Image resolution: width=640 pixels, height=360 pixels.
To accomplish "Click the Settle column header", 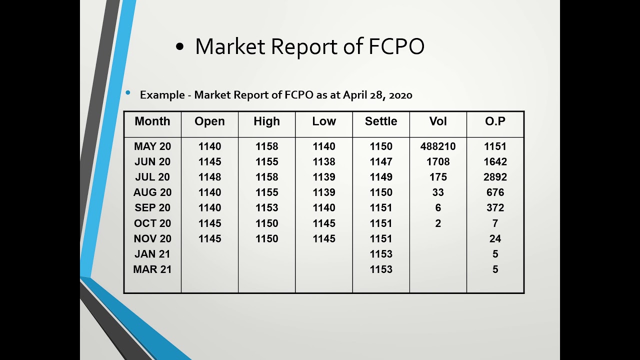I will pos(381,121).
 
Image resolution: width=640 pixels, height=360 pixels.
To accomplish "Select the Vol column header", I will pos(438,121).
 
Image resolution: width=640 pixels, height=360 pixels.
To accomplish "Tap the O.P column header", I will pos(495,121).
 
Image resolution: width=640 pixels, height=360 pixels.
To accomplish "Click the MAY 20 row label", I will pos(152,146).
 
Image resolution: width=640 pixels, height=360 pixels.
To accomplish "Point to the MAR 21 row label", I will pos(152,269).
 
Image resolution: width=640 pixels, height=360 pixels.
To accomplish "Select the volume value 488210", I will pos(438,146).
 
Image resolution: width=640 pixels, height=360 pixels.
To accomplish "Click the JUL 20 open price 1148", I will pos(209,177).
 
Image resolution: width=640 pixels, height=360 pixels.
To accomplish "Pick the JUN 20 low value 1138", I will pos(324,162).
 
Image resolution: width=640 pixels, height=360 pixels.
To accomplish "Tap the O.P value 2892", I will pos(495,177).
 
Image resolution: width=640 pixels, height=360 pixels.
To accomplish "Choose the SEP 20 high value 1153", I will pos(266,208).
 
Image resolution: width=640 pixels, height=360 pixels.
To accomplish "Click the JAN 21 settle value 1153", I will pos(381,254).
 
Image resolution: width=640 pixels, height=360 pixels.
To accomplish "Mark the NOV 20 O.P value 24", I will pos(495,239).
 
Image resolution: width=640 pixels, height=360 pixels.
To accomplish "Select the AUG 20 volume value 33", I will pos(438,192).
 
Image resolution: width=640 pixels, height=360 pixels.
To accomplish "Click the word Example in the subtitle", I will pos(162,95).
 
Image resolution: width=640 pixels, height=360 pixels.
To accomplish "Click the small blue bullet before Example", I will pos(128,92).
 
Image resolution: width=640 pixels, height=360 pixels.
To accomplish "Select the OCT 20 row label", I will pos(152,223).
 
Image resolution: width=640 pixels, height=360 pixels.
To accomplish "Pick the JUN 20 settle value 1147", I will pos(381,162).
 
